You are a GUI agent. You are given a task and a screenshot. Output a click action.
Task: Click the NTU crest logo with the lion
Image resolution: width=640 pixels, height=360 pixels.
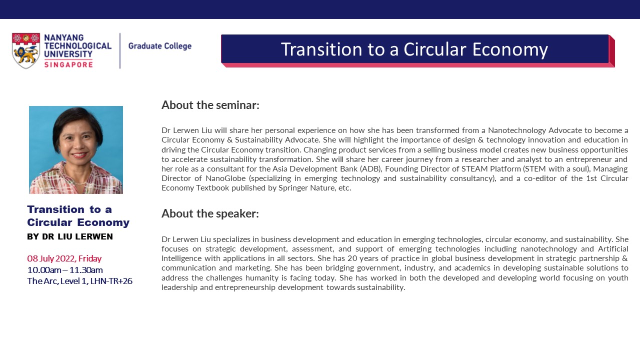point(25,50)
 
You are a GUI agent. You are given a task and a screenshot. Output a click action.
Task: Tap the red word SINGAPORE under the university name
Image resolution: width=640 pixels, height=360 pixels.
point(68,64)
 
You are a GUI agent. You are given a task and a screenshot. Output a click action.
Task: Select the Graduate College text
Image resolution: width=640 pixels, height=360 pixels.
point(159,46)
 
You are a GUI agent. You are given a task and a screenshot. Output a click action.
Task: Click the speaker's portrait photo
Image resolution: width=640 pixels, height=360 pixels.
point(76,150)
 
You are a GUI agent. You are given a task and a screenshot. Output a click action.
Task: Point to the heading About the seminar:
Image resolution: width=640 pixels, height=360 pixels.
point(210,105)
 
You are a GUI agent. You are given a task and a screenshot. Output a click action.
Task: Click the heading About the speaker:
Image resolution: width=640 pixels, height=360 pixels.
point(210,213)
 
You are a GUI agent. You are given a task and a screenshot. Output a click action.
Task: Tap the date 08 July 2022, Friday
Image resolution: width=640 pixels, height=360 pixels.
point(64,258)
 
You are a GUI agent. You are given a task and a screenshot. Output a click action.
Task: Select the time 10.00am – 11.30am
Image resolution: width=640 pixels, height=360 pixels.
point(65,270)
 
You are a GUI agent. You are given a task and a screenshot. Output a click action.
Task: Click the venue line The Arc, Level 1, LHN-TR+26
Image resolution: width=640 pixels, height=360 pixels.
point(79,281)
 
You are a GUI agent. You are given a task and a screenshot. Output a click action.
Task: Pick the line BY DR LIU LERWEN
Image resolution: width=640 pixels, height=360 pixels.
point(70,236)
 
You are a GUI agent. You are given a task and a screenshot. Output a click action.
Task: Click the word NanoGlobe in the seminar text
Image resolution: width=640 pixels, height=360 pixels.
point(225,178)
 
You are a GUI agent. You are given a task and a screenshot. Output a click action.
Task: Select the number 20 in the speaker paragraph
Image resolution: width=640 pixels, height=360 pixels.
point(351,258)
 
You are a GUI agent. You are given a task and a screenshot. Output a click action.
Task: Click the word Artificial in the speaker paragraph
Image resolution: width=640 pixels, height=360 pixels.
point(613,249)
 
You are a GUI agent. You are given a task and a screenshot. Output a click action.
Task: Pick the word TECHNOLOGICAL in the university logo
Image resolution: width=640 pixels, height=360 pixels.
point(77,46)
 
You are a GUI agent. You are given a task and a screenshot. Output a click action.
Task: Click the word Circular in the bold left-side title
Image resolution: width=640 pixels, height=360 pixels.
point(49,222)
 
